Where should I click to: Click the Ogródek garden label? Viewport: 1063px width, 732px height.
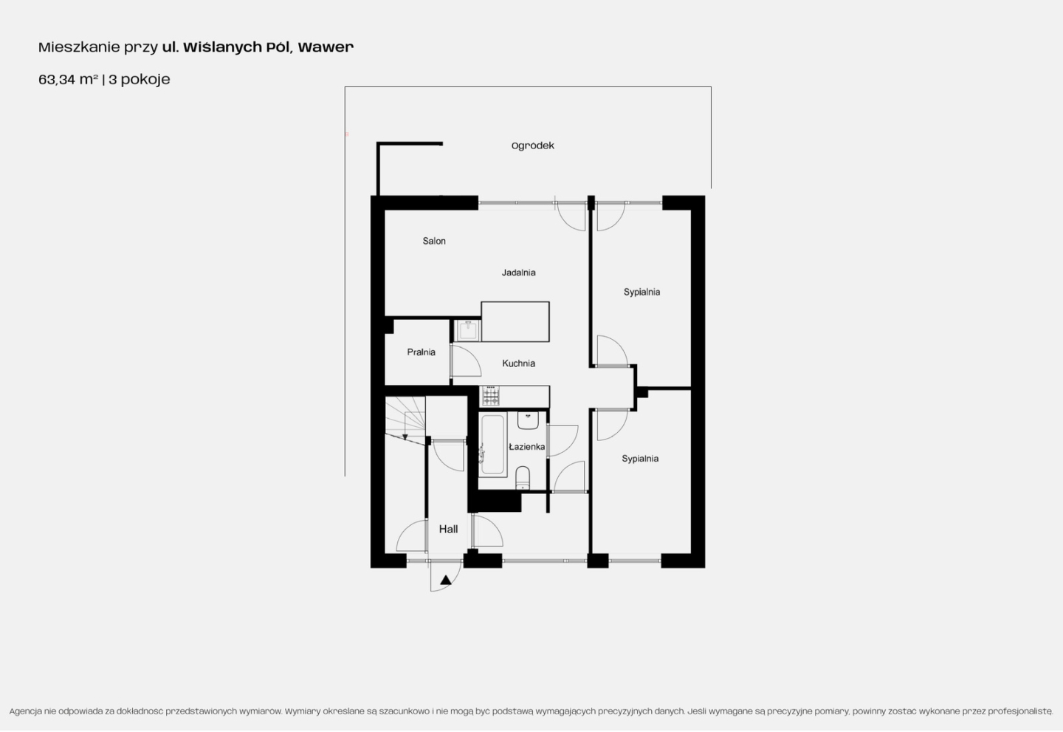[x=532, y=146]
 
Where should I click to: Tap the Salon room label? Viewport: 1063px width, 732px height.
[x=434, y=241]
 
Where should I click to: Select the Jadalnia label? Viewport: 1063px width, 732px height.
[x=519, y=273]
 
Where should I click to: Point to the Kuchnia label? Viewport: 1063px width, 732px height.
[x=519, y=363]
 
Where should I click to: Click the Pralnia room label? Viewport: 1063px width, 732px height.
[x=421, y=352]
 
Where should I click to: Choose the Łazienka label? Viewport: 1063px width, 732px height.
[x=526, y=447]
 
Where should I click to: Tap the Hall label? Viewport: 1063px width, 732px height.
[x=448, y=529]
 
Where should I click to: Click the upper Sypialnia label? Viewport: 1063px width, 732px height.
[x=641, y=292]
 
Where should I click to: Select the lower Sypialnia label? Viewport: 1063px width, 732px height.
[x=640, y=459]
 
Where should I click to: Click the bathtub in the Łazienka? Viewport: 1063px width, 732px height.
[x=492, y=445]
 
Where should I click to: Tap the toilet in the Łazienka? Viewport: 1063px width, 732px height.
[x=523, y=478]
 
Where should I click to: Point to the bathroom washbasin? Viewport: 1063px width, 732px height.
[x=528, y=420]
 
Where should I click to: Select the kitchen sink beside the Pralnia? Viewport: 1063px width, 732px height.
[x=468, y=330]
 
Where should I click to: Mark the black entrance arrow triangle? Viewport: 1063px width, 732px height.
[x=445, y=580]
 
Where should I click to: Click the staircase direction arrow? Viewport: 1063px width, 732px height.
[x=405, y=425]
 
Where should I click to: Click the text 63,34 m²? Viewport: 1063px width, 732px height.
[x=69, y=79]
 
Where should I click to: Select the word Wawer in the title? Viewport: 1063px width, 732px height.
[x=326, y=47]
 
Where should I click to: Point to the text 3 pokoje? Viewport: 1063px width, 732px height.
[x=139, y=79]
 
